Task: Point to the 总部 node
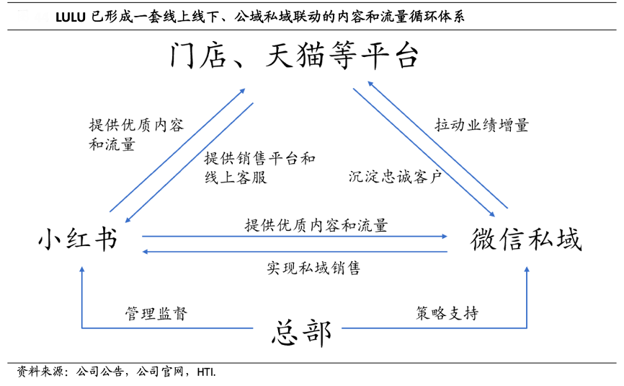pos(302,333)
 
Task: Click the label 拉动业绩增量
pos(482,124)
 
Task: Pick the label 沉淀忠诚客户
pos(395,175)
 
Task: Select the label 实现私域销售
pos(313,268)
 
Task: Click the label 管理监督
pos(156,313)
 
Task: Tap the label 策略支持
pos(447,313)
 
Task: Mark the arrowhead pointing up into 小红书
pos(82,270)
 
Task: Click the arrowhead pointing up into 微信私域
pos(527,270)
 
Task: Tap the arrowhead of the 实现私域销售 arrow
pos(146,252)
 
